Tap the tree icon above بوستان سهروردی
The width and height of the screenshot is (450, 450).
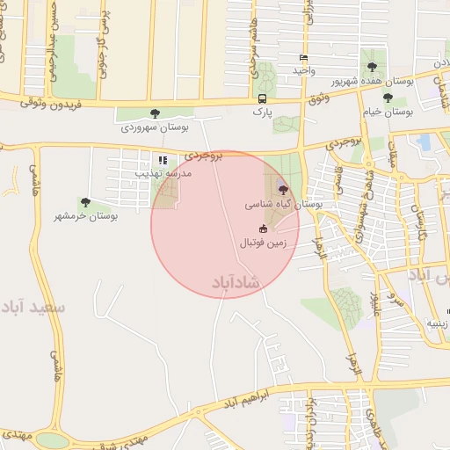pos(156,112)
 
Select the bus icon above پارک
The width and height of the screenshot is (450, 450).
pos(262,99)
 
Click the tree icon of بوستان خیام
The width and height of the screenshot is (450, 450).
pos(388,98)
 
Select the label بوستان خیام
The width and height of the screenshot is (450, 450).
pos(387,112)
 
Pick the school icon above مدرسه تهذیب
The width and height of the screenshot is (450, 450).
pos(163,160)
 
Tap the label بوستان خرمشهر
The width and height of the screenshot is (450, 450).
pos(85,216)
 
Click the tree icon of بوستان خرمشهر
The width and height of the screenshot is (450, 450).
pos(85,203)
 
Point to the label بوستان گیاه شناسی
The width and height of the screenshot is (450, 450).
pos(283,204)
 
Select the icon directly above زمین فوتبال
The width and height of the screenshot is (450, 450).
pos(263,229)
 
